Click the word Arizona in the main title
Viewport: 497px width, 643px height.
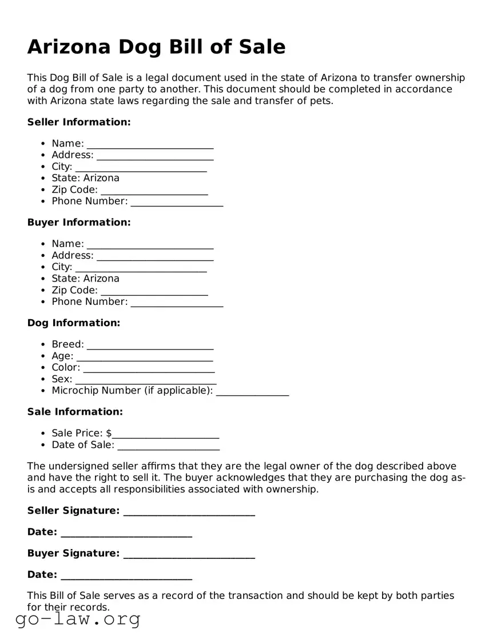[x=69, y=46]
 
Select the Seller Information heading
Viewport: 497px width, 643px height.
[x=79, y=122]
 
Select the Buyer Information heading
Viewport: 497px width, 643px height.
[x=79, y=222]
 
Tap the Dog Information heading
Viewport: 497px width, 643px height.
[x=74, y=323]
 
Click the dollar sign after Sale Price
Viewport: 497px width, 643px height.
[x=109, y=433]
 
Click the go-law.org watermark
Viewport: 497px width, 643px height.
[x=78, y=619]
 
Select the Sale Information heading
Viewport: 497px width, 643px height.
[x=75, y=411]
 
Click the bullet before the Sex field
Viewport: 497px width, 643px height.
[x=43, y=379]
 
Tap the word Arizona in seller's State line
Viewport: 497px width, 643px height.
[x=101, y=178]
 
